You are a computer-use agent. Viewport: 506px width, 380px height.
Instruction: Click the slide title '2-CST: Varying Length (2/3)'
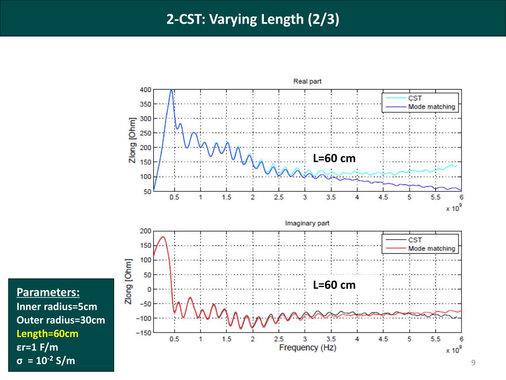tap(253, 20)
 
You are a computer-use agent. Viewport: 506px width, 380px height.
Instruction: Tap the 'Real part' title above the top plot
tap(307, 81)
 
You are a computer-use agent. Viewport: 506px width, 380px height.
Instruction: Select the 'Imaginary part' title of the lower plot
tap(307, 223)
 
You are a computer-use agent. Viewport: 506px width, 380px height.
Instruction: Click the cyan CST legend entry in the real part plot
tap(415, 98)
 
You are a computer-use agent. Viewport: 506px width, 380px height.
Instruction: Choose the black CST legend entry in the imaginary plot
tap(415, 240)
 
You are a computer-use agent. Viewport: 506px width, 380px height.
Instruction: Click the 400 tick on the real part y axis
tap(145, 90)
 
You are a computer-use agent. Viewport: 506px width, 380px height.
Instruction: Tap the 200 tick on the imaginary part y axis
tap(145, 231)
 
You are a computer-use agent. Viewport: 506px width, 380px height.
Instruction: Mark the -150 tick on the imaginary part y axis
tap(143, 333)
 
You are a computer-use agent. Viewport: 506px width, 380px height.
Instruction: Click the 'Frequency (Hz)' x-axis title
tap(305, 348)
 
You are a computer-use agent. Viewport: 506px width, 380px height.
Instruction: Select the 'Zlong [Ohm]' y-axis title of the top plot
tap(132, 140)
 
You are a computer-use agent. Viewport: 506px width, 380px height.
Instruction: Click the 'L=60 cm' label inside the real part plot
tap(334, 158)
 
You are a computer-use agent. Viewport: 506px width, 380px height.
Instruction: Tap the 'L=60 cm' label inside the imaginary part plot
tap(334, 285)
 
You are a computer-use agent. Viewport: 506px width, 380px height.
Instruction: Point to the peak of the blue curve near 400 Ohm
tap(171, 90)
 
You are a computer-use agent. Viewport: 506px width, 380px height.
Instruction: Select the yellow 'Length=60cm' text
tap(47, 333)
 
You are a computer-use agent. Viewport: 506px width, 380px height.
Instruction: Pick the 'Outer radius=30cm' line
tap(61, 320)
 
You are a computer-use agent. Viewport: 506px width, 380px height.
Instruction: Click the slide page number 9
tap(473, 364)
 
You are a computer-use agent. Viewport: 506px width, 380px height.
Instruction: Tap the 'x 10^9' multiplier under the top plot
tap(453, 208)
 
